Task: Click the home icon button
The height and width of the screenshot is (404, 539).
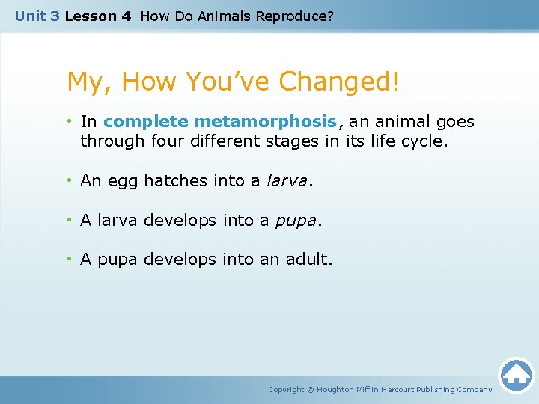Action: tap(516, 374)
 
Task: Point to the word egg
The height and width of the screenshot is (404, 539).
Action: tap(124, 180)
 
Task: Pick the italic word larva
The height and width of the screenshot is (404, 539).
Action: tap(285, 180)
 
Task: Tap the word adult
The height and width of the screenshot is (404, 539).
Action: tap(308, 260)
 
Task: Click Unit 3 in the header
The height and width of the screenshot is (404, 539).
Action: tap(37, 16)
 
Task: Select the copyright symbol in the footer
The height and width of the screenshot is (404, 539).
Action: tap(311, 390)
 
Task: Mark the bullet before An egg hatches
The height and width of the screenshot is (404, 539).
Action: tap(70, 180)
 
